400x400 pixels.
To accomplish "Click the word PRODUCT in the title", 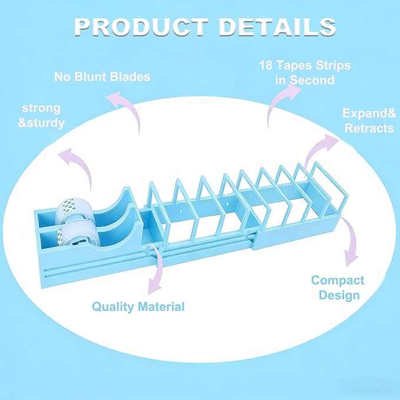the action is pos(141,27).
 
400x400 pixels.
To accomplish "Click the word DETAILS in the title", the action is pos(277,27).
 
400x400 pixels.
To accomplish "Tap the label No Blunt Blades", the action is pos(103,77).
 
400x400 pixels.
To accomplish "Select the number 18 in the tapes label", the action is pos(266,65).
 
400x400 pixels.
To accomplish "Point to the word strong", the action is pos(41,108).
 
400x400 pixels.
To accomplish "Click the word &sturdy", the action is pos(41,123).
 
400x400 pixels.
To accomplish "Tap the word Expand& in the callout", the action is pos(369,113).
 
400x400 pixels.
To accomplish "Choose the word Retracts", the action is pos(369,128).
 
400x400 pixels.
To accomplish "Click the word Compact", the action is pos(338,280).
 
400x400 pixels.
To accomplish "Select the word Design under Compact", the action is pos(339,295).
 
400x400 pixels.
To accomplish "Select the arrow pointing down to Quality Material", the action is pos(158,268).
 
